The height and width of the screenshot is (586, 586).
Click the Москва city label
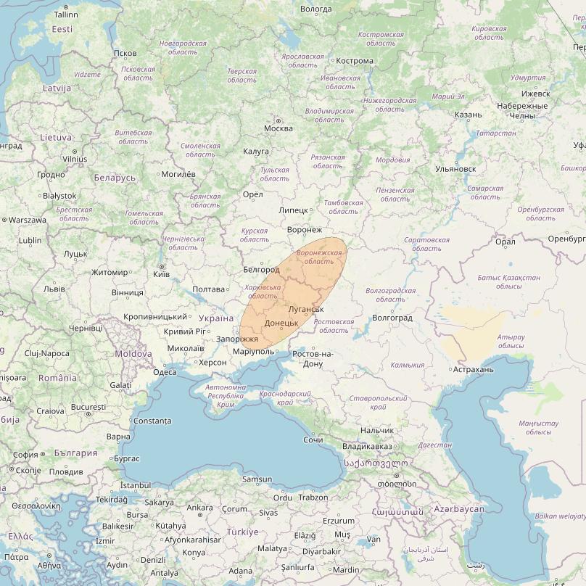(x=278, y=128)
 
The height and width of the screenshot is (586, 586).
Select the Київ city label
(x=162, y=274)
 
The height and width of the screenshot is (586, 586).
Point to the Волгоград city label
(x=391, y=318)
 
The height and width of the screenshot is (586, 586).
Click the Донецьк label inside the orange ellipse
(x=281, y=323)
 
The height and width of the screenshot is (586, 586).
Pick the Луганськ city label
(x=305, y=310)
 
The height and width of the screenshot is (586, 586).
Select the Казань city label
(x=468, y=115)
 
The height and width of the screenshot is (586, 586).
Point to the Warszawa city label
(x=28, y=220)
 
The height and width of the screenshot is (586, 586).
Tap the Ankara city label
(x=199, y=508)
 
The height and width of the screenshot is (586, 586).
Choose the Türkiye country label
(x=242, y=532)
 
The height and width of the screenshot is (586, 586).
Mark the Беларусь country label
(x=115, y=178)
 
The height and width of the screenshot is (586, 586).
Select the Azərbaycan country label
(x=458, y=509)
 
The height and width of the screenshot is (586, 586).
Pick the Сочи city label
(x=313, y=440)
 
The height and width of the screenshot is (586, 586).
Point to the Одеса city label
(x=165, y=372)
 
